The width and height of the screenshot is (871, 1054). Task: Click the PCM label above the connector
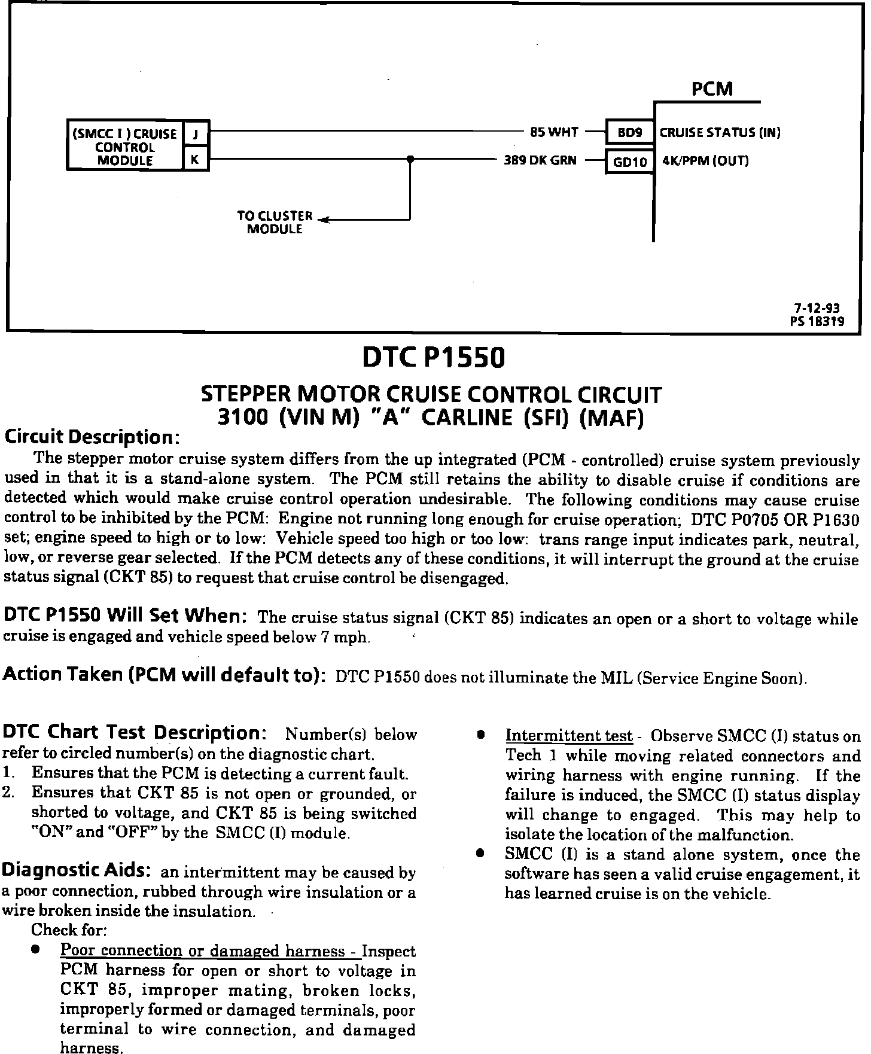712,89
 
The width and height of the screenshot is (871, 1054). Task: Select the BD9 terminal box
629,133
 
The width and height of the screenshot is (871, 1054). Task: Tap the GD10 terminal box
630,162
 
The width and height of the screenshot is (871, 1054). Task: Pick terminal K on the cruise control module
196,160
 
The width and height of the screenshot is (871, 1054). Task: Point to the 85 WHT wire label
554,132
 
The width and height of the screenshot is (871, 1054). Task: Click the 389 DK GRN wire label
540,160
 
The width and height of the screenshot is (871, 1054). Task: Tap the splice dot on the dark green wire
410,160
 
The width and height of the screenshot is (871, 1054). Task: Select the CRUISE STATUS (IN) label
720,133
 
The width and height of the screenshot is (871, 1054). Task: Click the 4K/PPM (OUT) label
705,161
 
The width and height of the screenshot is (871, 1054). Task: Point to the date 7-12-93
817,308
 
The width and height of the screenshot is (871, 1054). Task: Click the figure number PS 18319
817,321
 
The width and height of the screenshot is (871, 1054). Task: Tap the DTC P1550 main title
434,358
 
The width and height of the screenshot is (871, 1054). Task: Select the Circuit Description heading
92,437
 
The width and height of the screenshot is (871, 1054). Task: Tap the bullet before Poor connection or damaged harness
37,949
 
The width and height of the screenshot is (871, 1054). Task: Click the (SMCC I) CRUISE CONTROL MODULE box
124,147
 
